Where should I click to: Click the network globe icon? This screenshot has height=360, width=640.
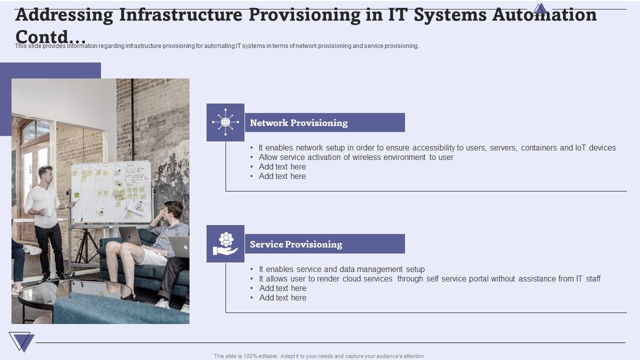click(x=225, y=122)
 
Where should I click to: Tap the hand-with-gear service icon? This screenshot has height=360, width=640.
click(x=225, y=244)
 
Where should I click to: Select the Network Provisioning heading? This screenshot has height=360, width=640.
click(x=298, y=123)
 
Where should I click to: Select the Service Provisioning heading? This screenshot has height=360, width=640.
click(x=296, y=244)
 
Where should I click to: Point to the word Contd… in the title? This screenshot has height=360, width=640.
click(x=50, y=36)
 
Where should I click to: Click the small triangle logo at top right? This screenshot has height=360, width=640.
click(x=540, y=9)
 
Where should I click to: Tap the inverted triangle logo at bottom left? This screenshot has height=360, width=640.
click(x=21, y=342)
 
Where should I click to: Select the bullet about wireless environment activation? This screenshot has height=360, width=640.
click(x=355, y=157)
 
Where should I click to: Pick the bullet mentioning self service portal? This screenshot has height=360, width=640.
click(x=429, y=279)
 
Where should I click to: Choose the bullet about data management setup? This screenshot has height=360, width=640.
click(x=341, y=269)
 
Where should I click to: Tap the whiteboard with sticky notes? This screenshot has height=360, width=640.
click(x=110, y=191)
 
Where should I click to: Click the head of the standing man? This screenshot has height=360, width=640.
click(x=46, y=173)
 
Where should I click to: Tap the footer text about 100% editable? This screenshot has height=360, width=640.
click(x=319, y=356)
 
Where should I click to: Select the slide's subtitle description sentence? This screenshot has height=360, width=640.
click(x=216, y=46)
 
